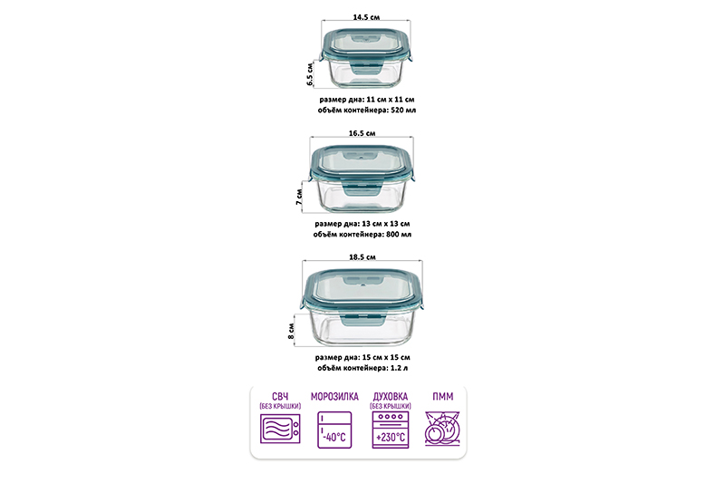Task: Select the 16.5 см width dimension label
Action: point(362,133)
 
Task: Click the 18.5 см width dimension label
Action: point(362,257)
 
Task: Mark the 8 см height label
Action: point(292,329)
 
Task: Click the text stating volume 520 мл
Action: point(366,109)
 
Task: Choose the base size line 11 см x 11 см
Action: point(366,98)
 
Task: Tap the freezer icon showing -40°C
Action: point(334,430)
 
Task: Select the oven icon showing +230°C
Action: point(390,430)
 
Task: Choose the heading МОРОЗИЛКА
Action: point(334,397)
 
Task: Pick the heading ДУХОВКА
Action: point(390,396)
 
